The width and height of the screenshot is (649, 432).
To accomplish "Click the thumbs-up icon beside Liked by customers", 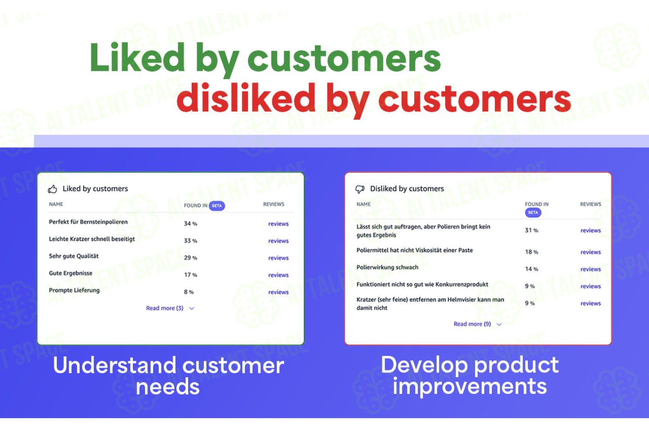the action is tap(52, 189).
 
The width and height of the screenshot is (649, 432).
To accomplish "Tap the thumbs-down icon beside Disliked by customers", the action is tap(360, 189).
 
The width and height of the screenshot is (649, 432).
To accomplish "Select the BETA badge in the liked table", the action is tap(217, 206).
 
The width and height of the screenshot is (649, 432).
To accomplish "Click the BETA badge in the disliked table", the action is tap(533, 213).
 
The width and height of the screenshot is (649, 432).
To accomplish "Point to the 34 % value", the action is tap(190, 224).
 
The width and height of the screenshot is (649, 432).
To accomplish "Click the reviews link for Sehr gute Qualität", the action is tap(278, 258).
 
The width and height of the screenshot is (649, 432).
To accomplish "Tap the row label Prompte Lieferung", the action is tap(74, 290).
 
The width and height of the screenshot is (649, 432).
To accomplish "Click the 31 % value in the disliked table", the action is tap(531, 230).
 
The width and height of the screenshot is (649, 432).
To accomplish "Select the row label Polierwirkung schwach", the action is tap(387, 267).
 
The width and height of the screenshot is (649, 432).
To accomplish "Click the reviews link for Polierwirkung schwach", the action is tap(591, 269).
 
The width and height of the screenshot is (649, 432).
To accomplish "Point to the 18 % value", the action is tap(531, 252).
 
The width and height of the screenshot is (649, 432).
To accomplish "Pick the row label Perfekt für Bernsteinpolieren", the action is tap(88, 222).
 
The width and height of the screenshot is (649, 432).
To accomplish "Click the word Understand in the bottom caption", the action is tap(115, 365).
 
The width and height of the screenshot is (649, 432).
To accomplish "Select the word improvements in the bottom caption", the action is tap(469, 387).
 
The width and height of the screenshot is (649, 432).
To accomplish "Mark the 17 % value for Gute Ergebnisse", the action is tap(190, 275).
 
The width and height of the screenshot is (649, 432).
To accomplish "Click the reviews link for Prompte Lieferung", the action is tap(278, 292).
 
